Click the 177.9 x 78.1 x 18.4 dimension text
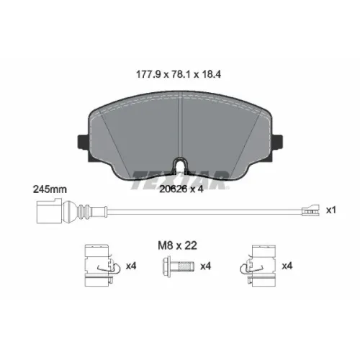click(x=179, y=74)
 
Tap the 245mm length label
click(x=50, y=189)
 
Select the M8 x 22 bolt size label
click(x=177, y=246)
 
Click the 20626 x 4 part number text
click(x=181, y=189)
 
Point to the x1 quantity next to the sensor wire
click(x=331, y=210)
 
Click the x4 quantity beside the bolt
click(x=206, y=266)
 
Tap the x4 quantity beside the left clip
click(x=131, y=266)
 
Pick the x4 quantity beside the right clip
click(x=287, y=266)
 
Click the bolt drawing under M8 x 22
click(x=178, y=266)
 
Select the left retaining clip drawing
click(x=102, y=266)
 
